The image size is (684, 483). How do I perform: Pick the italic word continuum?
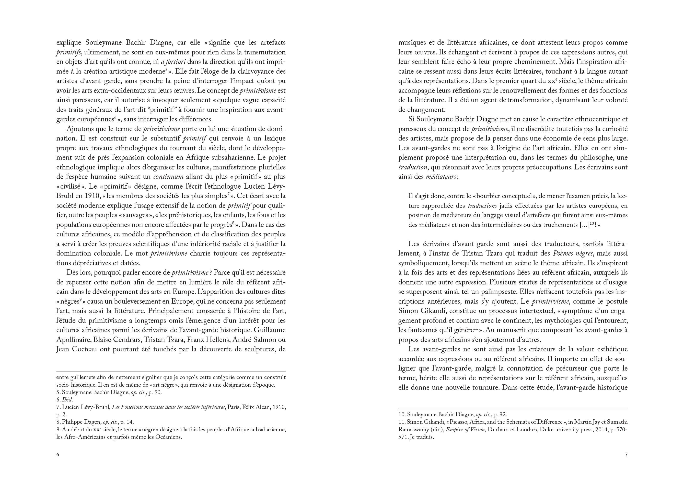point(168,177)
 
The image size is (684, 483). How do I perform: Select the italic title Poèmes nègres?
point(572,254)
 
